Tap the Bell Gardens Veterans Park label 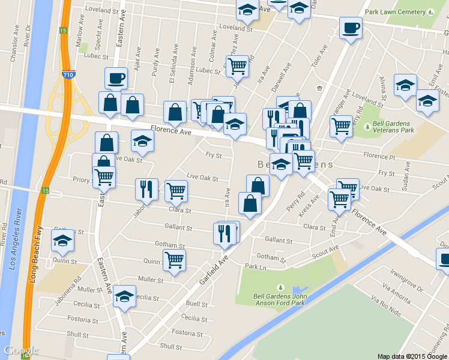click(393, 126)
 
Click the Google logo click(21, 350)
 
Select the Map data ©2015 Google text click(412, 356)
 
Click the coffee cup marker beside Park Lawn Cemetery click(351, 27)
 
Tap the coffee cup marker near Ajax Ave click(116, 77)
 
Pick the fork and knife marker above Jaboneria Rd click(146, 189)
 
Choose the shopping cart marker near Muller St click(174, 260)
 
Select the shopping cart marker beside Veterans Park click(341, 127)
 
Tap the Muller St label click(151, 280)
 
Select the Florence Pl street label click(379, 157)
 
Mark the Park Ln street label click(255, 266)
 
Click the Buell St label click(197, 304)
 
